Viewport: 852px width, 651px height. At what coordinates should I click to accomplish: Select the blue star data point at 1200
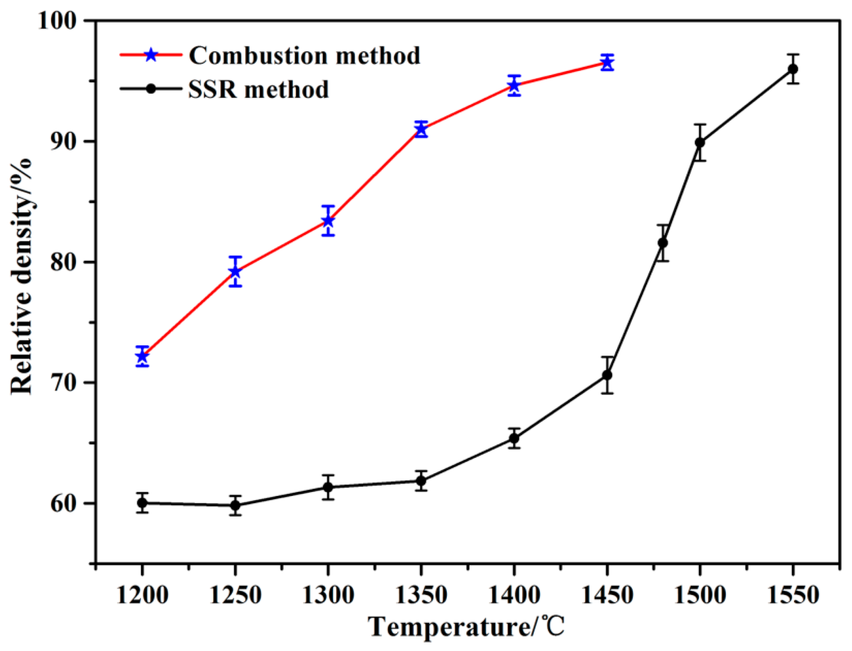click(x=142, y=356)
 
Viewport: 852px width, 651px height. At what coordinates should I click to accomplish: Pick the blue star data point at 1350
click(x=421, y=129)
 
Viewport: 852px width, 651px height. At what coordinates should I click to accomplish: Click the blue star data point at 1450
click(x=607, y=63)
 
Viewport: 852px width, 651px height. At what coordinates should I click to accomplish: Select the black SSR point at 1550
click(x=793, y=69)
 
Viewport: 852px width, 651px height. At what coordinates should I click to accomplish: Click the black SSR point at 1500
click(x=700, y=142)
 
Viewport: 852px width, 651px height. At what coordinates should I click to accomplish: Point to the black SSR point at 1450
click(x=607, y=375)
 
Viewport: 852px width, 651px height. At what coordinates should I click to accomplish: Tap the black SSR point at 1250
click(x=235, y=505)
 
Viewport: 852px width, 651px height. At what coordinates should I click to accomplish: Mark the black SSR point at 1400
click(x=514, y=438)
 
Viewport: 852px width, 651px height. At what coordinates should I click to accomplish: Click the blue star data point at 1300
click(x=328, y=221)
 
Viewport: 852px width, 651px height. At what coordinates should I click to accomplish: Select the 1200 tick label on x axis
click(x=142, y=595)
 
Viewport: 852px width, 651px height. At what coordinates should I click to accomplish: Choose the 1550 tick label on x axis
click(x=793, y=595)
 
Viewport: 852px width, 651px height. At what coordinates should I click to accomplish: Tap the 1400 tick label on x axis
click(x=514, y=595)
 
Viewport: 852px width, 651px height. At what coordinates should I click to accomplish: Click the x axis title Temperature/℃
click(x=466, y=627)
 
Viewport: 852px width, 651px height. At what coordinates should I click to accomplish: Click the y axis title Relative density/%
click(x=21, y=276)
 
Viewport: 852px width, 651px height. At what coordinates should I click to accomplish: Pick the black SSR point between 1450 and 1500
click(x=663, y=243)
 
